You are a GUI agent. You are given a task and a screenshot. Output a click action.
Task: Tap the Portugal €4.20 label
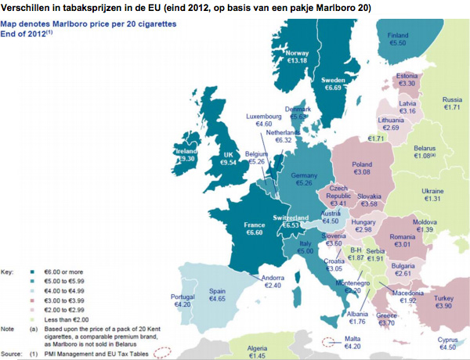(x=183, y=301)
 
